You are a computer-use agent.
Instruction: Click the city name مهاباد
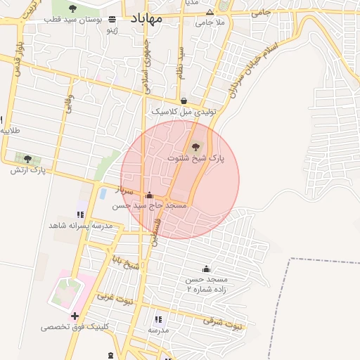(146, 19)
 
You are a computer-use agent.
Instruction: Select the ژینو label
(111, 30)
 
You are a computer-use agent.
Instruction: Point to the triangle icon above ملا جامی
(210, 13)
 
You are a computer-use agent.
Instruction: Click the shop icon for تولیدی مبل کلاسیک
(184, 101)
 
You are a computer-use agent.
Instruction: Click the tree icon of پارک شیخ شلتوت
(195, 147)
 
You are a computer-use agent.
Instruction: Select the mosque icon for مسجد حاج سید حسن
(148, 195)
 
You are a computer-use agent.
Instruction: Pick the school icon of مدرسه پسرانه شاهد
(80, 214)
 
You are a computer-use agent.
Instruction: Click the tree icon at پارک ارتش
(27, 159)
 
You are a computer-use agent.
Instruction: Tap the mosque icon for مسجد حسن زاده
(206, 269)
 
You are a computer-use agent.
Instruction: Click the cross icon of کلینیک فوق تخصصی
(75, 315)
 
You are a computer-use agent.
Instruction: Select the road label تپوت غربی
(114, 299)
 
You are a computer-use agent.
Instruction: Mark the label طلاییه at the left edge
(10, 131)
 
